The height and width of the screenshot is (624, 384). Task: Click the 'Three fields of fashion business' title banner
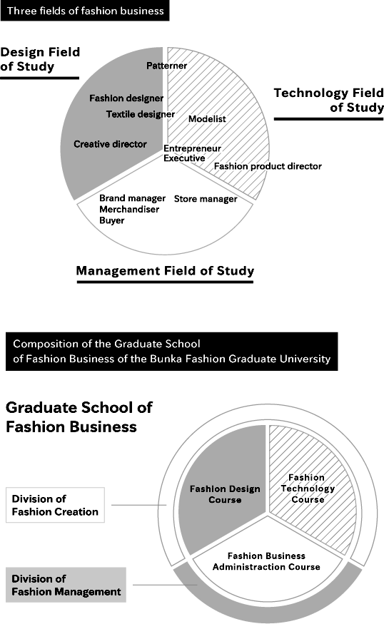(x=85, y=11)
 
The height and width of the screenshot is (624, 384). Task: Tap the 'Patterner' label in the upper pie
(x=166, y=66)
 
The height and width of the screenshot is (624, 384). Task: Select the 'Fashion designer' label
(x=126, y=98)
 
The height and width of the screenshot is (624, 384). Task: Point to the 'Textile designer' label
(x=140, y=114)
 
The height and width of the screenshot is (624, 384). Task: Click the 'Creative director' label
(x=110, y=144)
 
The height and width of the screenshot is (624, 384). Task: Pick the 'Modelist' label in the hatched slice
(x=207, y=118)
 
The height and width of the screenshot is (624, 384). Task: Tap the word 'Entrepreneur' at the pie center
(x=192, y=148)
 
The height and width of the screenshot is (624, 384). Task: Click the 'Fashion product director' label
(x=268, y=166)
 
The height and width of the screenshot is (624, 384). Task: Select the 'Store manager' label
(x=206, y=199)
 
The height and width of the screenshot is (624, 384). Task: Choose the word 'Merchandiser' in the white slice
(x=129, y=210)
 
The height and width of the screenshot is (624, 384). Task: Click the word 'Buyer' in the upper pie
(x=112, y=220)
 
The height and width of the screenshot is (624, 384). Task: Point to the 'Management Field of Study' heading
(x=165, y=271)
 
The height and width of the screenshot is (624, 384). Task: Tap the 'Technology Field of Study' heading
(x=328, y=100)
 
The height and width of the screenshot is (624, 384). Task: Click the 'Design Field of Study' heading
(x=40, y=59)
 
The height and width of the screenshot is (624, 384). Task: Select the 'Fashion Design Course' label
(x=225, y=494)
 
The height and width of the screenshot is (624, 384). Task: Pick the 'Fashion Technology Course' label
(x=308, y=489)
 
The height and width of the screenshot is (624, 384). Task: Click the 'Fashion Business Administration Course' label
(x=266, y=561)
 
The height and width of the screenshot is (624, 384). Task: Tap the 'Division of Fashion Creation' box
(x=56, y=505)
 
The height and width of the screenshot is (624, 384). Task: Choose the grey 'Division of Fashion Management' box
(x=66, y=585)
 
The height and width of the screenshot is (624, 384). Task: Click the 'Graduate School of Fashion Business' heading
(x=79, y=417)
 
